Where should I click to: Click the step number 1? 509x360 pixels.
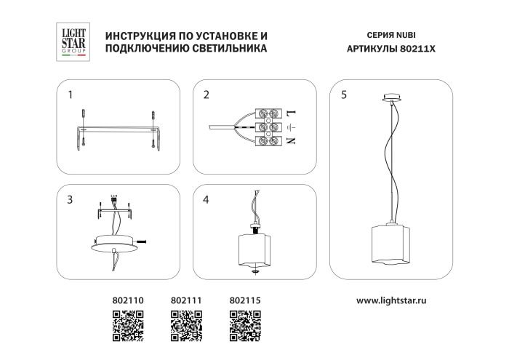pos(71,95)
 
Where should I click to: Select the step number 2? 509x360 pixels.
pos(207,95)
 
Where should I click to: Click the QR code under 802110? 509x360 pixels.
pos(128,326)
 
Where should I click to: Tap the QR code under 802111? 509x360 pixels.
pos(186,326)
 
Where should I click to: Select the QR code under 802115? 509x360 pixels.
pos(245,326)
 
